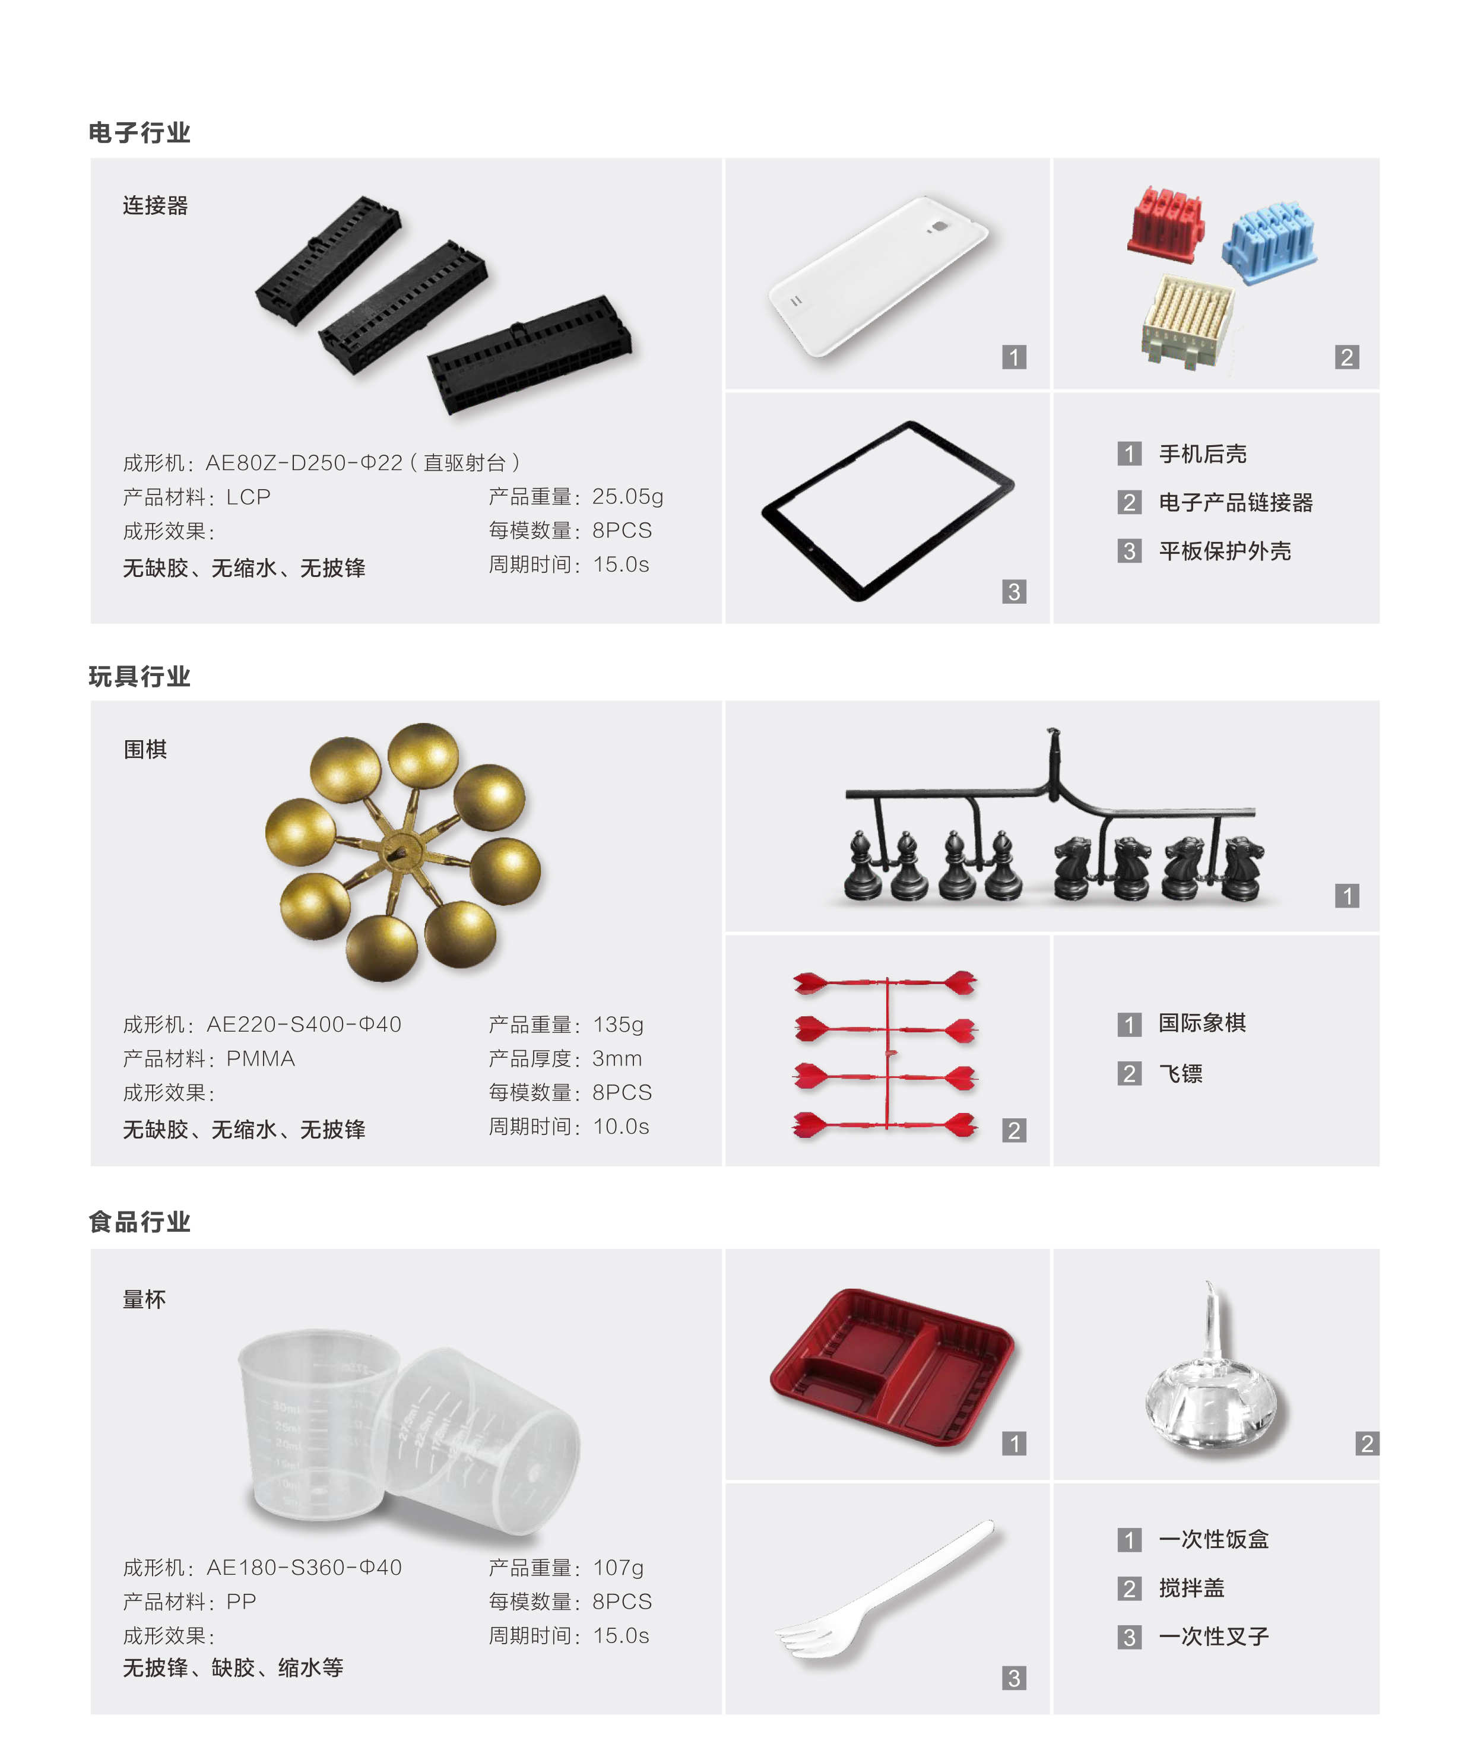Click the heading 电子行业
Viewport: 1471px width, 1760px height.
(140, 132)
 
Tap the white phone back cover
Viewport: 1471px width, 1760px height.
(879, 276)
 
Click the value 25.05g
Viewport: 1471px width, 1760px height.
(628, 497)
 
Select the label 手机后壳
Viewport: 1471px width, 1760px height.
(1203, 454)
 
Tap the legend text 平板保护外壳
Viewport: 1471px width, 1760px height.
(1225, 551)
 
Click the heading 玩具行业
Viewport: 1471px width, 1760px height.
(140, 676)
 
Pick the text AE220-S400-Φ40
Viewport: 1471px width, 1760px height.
(305, 1024)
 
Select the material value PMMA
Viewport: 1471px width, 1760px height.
(261, 1058)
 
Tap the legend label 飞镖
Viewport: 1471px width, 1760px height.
(1181, 1074)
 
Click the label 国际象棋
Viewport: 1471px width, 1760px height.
(1203, 1023)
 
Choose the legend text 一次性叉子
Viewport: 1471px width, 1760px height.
(1214, 1637)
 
